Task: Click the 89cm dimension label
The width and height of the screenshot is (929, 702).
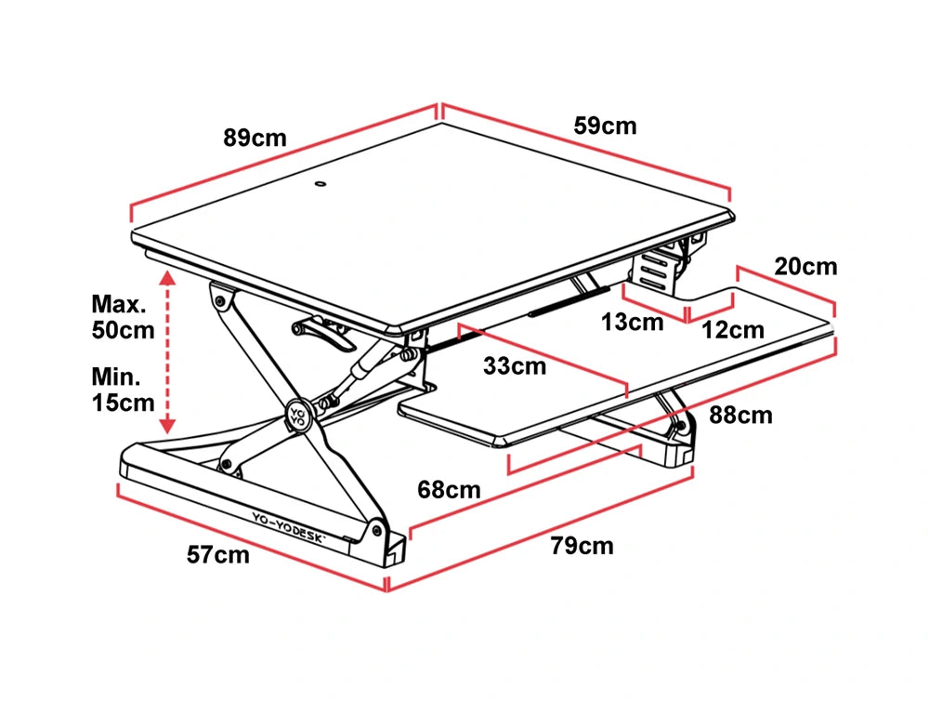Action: click(255, 139)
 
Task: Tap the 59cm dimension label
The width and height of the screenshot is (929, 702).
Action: click(605, 126)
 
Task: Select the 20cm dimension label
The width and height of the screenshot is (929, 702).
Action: click(805, 267)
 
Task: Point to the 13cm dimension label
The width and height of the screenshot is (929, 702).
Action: click(632, 323)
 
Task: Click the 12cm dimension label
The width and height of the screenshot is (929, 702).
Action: click(732, 329)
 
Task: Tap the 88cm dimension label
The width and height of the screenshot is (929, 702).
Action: click(740, 415)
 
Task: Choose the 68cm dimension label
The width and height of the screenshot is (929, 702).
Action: click(449, 489)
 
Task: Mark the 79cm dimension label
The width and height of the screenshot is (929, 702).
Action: click(582, 546)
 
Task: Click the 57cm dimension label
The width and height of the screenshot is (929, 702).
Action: click(218, 555)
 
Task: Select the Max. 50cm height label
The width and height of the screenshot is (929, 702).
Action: click(122, 316)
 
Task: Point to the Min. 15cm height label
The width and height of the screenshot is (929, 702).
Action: click(122, 390)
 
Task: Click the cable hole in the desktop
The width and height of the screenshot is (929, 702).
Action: click(321, 184)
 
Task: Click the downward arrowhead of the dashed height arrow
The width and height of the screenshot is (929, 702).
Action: click(167, 426)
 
